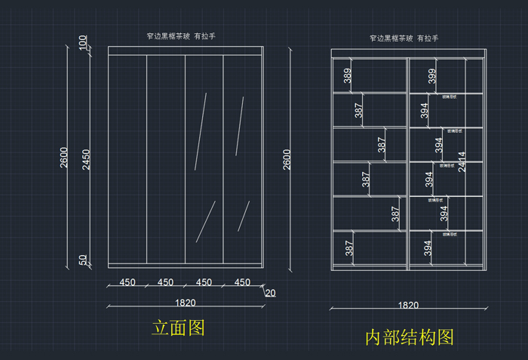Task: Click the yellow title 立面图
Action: [179, 328]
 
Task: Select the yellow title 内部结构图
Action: [410, 337]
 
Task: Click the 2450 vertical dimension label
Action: [87, 159]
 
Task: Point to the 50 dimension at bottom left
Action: [83, 260]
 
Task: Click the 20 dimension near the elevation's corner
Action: [270, 293]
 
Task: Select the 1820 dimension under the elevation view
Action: [186, 303]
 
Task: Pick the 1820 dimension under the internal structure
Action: [409, 305]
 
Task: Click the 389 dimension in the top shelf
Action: [347, 76]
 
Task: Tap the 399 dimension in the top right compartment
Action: [431, 76]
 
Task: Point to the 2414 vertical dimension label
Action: [462, 162]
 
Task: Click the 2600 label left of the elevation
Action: [64, 157]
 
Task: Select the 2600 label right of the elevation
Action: [287, 159]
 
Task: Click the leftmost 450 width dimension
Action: [127, 283]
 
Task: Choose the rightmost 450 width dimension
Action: [242, 283]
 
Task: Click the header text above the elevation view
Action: [185, 36]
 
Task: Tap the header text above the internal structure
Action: [404, 38]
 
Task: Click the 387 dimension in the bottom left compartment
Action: [348, 248]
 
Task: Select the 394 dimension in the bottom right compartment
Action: [428, 248]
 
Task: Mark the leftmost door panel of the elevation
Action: [127, 158]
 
